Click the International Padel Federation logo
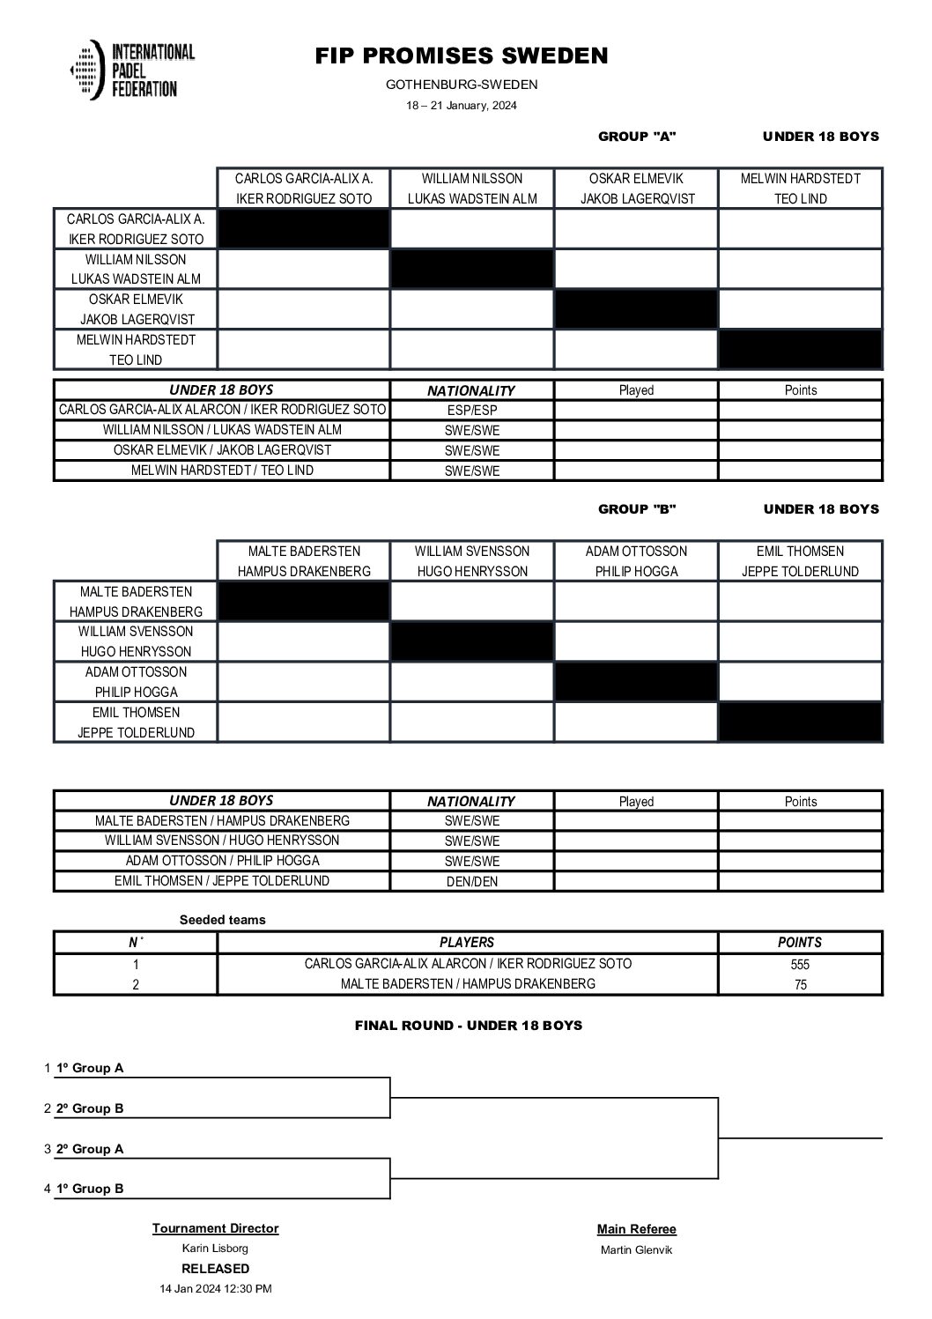pyautogui.click(x=132, y=70)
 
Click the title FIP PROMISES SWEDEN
pyautogui.click(x=462, y=56)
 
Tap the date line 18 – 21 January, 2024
pyautogui.click(x=462, y=106)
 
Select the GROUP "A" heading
pyautogui.click(x=637, y=137)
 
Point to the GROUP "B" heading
pyautogui.click(x=637, y=509)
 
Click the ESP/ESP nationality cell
pyautogui.click(x=471, y=411)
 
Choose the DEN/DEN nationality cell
pyautogui.click(x=471, y=882)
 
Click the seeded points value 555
pyautogui.click(x=800, y=965)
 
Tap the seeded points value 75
pyautogui.click(x=800, y=985)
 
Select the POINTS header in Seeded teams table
pyautogui.click(x=800, y=943)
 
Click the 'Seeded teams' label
pyautogui.click(x=223, y=920)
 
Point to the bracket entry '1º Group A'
pyautogui.click(x=90, y=1069)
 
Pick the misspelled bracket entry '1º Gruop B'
pyautogui.click(x=90, y=1189)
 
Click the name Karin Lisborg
pyautogui.click(x=215, y=1249)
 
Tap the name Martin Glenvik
pyautogui.click(x=637, y=1250)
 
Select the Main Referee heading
pyautogui.click(x=637, y=1230)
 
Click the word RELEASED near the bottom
pyautogui.click(x=215, y=1269)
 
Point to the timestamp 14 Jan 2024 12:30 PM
pyautogui.click(x=215, y=1289)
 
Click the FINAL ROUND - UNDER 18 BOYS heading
pyautogui.click(x=468, y=1026)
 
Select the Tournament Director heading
pyautogui.click(x=215, y=1228)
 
